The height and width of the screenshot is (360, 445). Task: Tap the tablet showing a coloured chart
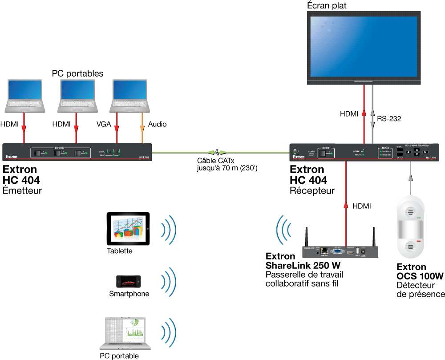pyautogui.click(x=128, y=229)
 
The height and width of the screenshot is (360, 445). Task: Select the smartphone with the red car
pyautogui.click(x=128, y=282)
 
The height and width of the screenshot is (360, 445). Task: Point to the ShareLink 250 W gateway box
pyautogui.click(x=342, y=252)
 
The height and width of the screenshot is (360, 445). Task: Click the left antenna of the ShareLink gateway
pyautogui.click(x=307, y=236)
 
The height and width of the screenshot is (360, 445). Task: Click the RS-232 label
pyautogui.click(x=388, y=119)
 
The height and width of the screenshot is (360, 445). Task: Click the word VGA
pyautogui.click(x=104, y=124)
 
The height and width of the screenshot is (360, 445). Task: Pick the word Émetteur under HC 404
pyautogui.click(x=22, y=190)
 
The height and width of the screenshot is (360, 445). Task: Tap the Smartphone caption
pyautogui.click(x=129, y=294)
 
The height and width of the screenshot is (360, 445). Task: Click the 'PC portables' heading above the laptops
pyautogui.click(x=77, y=73)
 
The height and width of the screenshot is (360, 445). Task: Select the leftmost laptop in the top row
pyautogui.click(x=25, y=96)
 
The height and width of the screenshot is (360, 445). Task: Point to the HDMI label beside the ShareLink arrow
pyautogui.click(x=361, y=206)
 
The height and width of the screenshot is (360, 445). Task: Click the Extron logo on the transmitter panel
pyautogui.click(x=12, y=157)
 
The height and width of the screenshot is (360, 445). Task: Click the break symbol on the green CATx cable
pyautogui.click(x=218, y=152)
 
